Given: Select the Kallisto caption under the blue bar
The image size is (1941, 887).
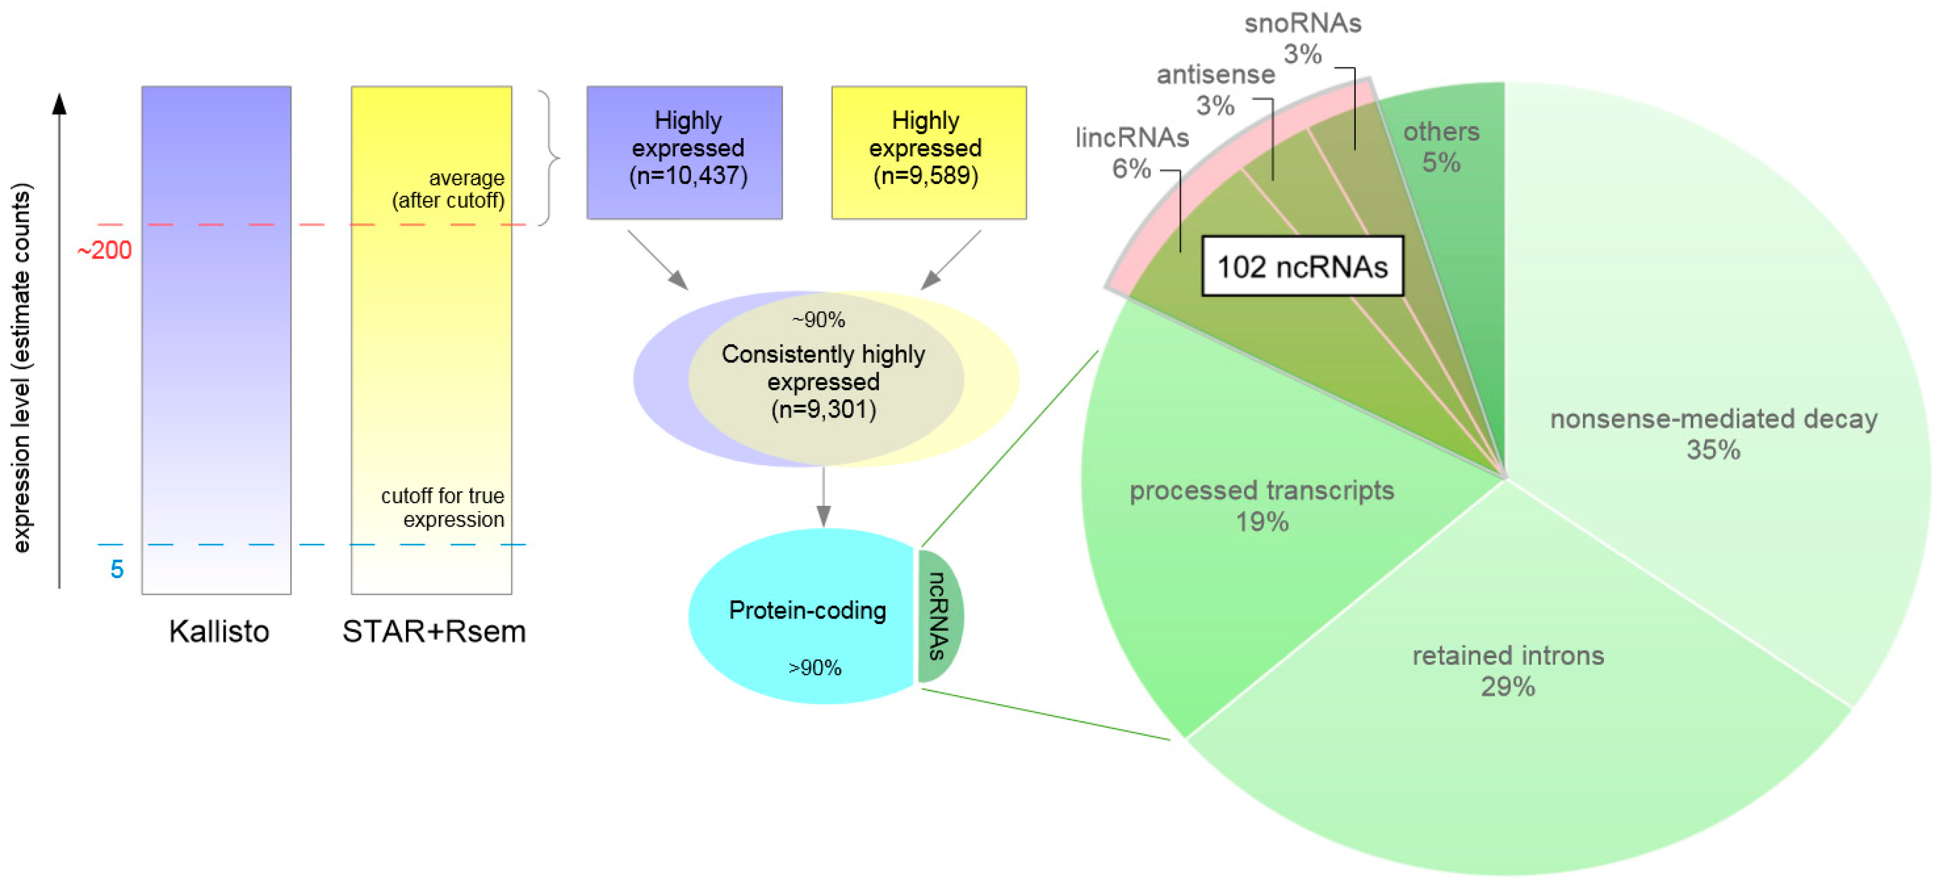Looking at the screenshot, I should (x=218, y=631).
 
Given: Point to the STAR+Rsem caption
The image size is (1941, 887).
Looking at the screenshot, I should (x=433, y=631).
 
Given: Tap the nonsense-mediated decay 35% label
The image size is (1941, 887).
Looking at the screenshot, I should (x=1713, y=434).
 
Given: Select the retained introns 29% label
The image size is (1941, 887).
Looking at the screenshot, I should (x=1508, y=670).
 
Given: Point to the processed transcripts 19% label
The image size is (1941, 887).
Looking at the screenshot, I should (x=1262, y=505).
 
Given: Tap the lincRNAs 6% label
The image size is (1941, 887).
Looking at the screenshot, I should (x=1132, y=153).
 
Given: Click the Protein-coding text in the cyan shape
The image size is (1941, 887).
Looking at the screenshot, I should (x=807, y=610).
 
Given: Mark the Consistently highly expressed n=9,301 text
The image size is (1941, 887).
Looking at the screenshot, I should (x=823, y=381).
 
